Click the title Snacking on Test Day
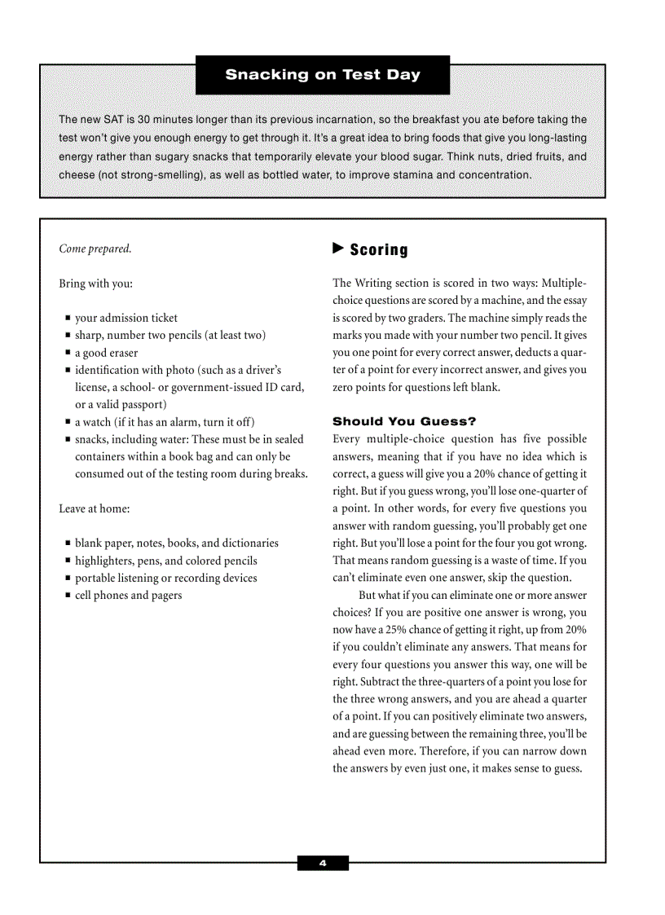[323, 75]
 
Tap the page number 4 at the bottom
[323, 864]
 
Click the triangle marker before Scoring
[338, 249]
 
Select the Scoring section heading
[379, 250]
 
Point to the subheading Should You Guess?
[404, 421]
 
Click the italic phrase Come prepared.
[95, 249]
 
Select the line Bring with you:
[95, 284]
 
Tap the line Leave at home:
[95, 508]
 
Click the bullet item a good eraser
[107, 353]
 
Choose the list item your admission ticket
[126, 318]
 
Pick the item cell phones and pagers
[129, 595]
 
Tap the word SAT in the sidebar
[113, 120]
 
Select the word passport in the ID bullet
[143, 404]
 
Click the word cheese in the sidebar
[77, 175]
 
